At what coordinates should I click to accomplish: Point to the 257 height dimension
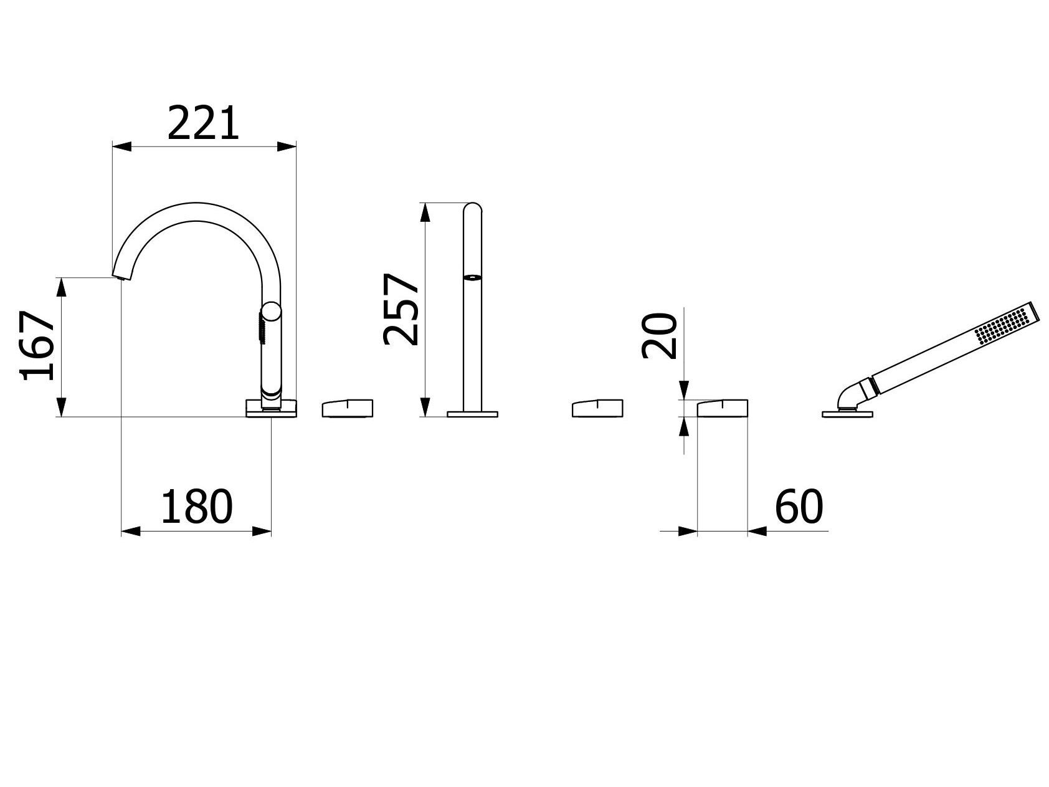click(x=399, y=309)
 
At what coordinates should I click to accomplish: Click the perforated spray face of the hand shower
click(x=1001, y=326)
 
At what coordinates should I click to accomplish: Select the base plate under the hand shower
click(x=848, y=413)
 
